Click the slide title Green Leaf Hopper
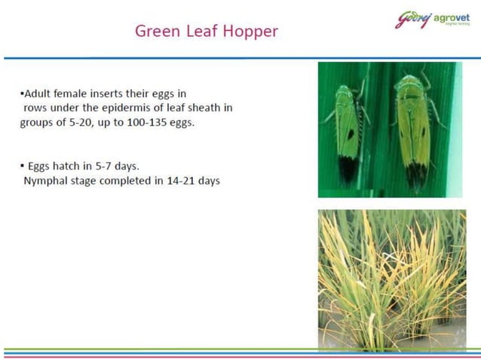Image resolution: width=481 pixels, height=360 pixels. pos(206,31)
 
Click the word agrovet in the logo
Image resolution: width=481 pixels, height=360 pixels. pos(452,17)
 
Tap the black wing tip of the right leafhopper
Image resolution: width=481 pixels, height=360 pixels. pos(416,175)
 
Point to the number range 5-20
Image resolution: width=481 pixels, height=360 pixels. pos(81,122)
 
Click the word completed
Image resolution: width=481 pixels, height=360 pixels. pos(128,181)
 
